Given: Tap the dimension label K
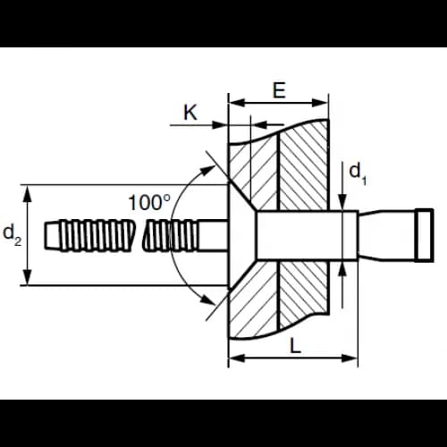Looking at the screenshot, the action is click(x=190, y=113).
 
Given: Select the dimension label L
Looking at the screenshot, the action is click(x=295, y=346).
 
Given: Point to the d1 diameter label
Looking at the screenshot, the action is click(x=358, y=174).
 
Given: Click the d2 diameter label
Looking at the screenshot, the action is click(x=13, y=235).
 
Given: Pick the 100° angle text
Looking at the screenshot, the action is click(x=149, y=203).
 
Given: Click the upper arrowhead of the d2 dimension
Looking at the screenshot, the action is click(x=28, y=192).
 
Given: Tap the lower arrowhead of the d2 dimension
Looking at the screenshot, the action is click(x=28, y=278).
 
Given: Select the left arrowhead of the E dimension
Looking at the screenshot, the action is click(x=237, y=103).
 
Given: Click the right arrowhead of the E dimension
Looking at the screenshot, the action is click(x=320, y=103).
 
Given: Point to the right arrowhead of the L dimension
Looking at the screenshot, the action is click(x=350, y=358).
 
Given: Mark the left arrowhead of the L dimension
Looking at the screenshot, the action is click(x=237, y=358).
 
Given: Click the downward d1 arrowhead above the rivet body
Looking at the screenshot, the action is click(x=343, y=202).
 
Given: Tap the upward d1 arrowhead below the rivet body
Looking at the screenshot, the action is click(x=343, y=269).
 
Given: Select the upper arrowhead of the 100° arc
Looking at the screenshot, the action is click(x=207, y=171).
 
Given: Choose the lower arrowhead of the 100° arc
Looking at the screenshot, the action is click(x=207, y=299).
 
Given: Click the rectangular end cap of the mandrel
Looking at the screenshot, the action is click(x=425, y=235).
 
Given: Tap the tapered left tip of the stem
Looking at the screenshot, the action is click(x=53, y=235).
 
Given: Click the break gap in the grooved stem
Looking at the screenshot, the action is click(x=138, y=235).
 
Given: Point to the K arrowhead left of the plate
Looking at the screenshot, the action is click(x=220, y=125).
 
